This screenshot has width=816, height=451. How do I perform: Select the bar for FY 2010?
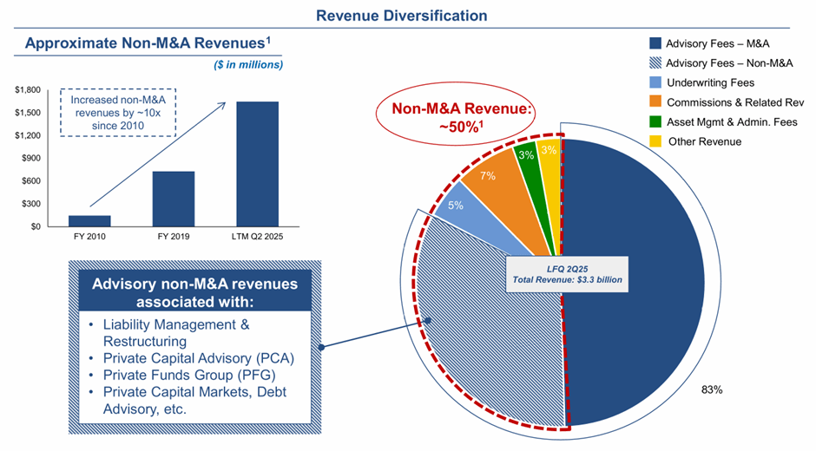89,220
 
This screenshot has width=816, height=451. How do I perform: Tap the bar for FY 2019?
173,199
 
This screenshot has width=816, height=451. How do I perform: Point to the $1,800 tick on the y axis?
30,90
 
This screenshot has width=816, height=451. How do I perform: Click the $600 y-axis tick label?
32,181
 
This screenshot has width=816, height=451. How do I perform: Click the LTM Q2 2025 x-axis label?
257,237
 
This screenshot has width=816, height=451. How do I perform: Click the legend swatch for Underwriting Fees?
655,83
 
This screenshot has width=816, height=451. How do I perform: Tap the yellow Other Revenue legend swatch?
655,141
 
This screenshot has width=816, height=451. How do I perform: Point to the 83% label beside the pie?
712,390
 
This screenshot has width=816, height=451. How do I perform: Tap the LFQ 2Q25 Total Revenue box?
567,274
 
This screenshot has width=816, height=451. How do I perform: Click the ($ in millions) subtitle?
249,64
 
